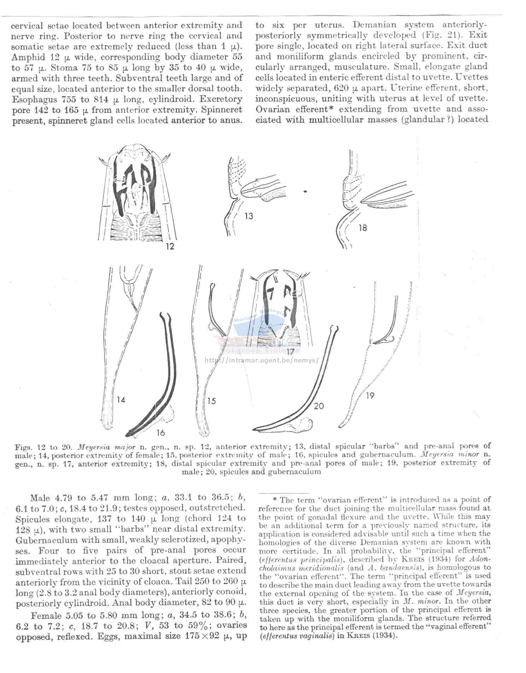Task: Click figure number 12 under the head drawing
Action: click(x=170, y=246)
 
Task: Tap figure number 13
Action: click(x=249, y=216)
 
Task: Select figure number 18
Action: click(x=363, y=228)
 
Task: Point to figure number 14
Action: click(x=121, y=400)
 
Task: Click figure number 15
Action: click(x=211, y=401)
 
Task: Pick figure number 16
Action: click(x=160, y=432)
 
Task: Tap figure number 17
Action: click(x=290, y=352)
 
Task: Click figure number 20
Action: click(x=318, y=406)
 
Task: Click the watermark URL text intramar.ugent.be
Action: click(x=262, y=360)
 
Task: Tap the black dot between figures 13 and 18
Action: click(x=305, y=192)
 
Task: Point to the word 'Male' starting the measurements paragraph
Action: click(x=40, y=498)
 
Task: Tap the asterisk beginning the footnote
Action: click(x=275, y=499)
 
